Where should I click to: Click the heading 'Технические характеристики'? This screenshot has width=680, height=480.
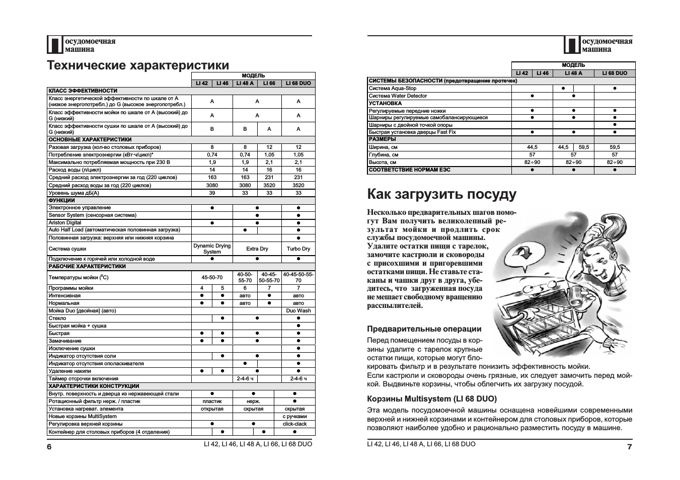click(138, 65)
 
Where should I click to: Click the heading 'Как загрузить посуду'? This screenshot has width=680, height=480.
click(441, 194)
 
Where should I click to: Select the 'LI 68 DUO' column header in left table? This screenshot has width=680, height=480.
click(298, 83)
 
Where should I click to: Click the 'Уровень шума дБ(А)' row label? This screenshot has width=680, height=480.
click(73, 193)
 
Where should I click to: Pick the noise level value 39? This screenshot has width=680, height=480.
click(212, 193)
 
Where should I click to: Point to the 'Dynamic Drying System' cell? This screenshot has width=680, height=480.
click(212, 249)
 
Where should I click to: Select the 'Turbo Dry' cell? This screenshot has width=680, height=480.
click(298, 249)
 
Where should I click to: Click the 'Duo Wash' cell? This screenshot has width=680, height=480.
click(298, 310)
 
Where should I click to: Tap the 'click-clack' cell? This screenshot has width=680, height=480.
click(294, 424)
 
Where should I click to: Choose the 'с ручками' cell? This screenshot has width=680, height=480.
click(294, 416)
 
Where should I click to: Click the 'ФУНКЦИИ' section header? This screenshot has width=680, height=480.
click(61, 200)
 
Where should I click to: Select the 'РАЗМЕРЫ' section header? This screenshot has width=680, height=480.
click(382, 139)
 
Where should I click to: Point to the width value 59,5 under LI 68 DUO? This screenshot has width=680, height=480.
click(615, 147)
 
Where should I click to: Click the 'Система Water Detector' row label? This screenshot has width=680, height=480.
click(398, 96)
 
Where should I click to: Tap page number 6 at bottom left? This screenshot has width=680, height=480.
click(49, 447)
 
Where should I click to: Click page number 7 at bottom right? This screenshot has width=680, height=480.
click(629, 447)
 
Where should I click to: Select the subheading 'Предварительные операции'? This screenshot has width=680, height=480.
click(424, 329)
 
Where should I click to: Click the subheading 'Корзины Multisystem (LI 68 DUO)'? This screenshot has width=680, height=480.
click(432, 399)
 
